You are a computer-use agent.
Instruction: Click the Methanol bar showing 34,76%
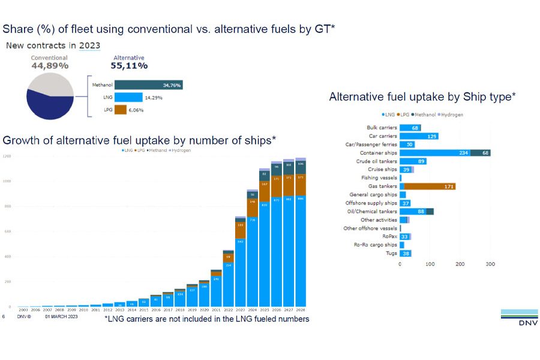[x=148, y=85]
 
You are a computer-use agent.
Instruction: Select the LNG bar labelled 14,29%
[x=128, y=97]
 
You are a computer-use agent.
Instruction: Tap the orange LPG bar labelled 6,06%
[x=120, y=110]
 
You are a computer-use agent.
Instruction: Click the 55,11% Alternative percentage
[x=129, y=65]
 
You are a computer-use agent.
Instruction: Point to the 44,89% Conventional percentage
[x=50, y=65]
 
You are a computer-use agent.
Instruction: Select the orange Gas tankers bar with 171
[x=430, y=187]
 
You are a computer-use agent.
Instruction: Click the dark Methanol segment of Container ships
[x=481, y=153]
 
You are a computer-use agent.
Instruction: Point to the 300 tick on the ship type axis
[x=490, y=264]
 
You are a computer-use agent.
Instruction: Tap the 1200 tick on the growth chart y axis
[x=7, y=157]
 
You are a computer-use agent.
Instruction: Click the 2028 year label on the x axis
[x=301, y=310]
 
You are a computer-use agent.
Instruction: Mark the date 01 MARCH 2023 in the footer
[x=61, y=316]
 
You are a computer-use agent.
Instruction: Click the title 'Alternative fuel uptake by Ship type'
[x=422, y=97]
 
